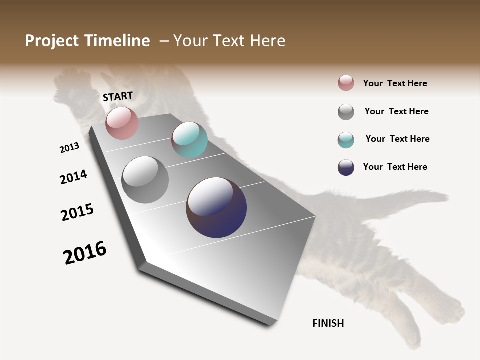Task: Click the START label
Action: pos(118,96)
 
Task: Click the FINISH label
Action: pos(328,323)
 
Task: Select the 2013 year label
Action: pos(69,148)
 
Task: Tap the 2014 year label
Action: pos(74,177)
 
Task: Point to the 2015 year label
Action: pos(77,212)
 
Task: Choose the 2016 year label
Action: pos(85,253)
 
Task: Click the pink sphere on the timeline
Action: pos(122,123)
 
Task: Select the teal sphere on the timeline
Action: pos(189,140)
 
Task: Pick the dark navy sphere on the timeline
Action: pos(216,207)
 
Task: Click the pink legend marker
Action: pos(346,83)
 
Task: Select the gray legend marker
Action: pos(346,112)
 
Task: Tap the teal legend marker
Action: pos(346,140)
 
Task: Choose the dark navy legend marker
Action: pos(346,167)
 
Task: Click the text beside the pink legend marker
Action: pos(395,83)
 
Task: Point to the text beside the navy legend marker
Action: pos(395,167)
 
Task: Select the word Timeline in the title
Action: pos(117,41)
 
